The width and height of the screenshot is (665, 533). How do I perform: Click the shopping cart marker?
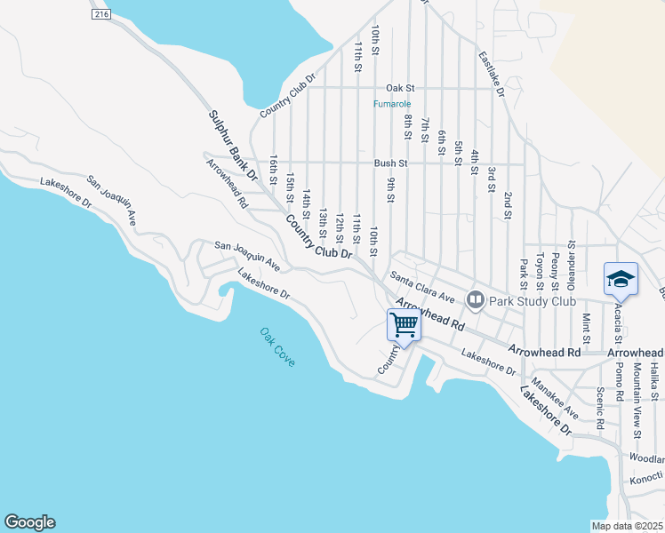(405, 325)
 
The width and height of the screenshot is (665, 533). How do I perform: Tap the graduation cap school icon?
(621, 279)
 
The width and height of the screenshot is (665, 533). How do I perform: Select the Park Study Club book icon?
(476, 300)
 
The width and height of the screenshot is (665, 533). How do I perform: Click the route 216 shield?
(101, 15)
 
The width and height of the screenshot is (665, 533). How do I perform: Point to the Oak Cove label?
(277, 347)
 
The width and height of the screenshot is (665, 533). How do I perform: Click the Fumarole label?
(393, 104)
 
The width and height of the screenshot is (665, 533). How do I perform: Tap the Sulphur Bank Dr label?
(233, 146)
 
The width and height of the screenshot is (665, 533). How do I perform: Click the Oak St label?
(400, 88)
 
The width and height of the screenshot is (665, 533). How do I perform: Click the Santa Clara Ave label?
(422, 288)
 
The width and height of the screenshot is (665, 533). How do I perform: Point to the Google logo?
(29, 522)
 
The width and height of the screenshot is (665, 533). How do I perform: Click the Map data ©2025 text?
(628, 525)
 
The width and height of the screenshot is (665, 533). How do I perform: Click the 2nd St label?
(508, 204)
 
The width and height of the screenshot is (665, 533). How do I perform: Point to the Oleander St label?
(572, 257)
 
